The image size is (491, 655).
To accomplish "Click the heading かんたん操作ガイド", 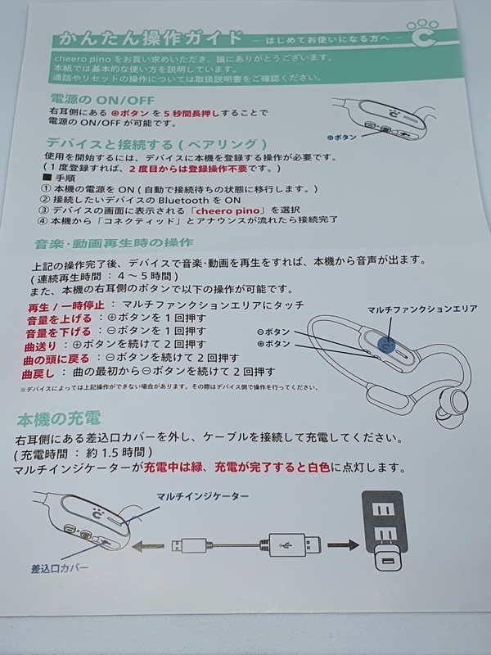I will pos(146,38).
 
